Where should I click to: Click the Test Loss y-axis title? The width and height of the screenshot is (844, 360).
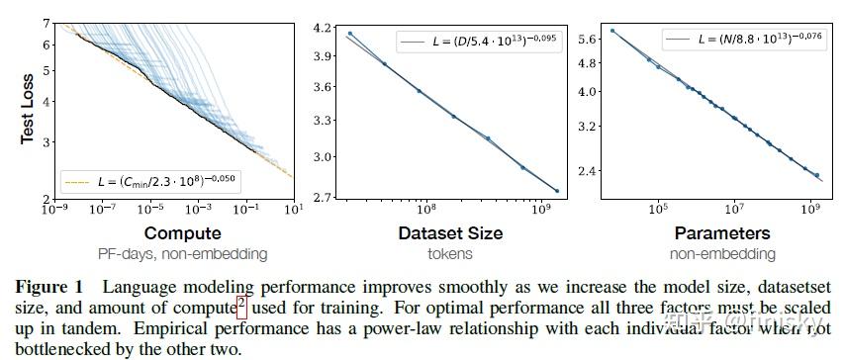(28, 109)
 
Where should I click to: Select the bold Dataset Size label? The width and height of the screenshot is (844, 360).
(450, 234)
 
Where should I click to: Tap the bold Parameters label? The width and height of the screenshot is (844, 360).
(722, 234)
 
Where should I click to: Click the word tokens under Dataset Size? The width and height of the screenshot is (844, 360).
(450, 254)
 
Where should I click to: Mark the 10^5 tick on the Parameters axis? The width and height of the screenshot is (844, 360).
(657, 210)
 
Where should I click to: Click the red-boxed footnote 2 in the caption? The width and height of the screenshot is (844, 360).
(242, 306)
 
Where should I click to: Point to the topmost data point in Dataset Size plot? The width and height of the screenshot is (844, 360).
(350, 34)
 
